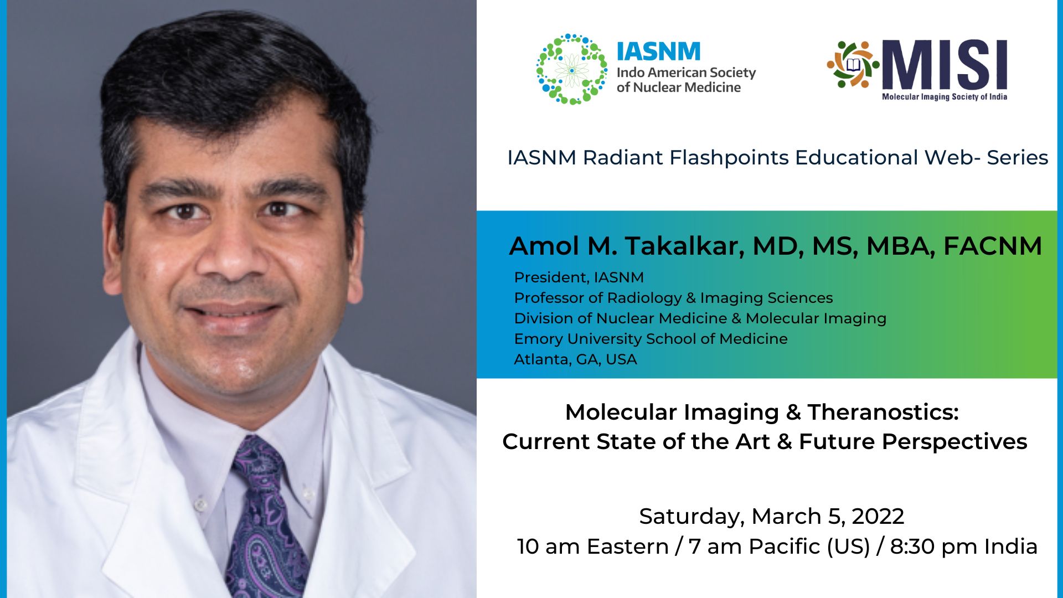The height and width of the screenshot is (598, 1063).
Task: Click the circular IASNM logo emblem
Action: [572, 69]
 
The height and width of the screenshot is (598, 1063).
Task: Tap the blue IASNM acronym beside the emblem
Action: [658, 51]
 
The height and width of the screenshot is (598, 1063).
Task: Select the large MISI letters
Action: [945, 65]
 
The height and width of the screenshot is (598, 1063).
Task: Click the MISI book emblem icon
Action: [853, 65]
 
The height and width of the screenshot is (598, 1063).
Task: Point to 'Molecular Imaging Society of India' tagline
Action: [944, 97]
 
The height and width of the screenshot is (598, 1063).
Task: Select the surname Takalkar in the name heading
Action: [684, 246]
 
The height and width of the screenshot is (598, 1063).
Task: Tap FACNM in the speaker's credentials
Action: [992, 246]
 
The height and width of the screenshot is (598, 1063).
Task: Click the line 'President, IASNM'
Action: [579, 277]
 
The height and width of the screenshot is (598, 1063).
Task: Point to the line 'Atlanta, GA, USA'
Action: [575, 359]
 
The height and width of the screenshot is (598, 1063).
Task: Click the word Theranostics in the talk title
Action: [883, 413]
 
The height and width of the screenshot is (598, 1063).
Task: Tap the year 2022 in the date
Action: [878, 517]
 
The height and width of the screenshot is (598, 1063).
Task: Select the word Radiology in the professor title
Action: [644, 298]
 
